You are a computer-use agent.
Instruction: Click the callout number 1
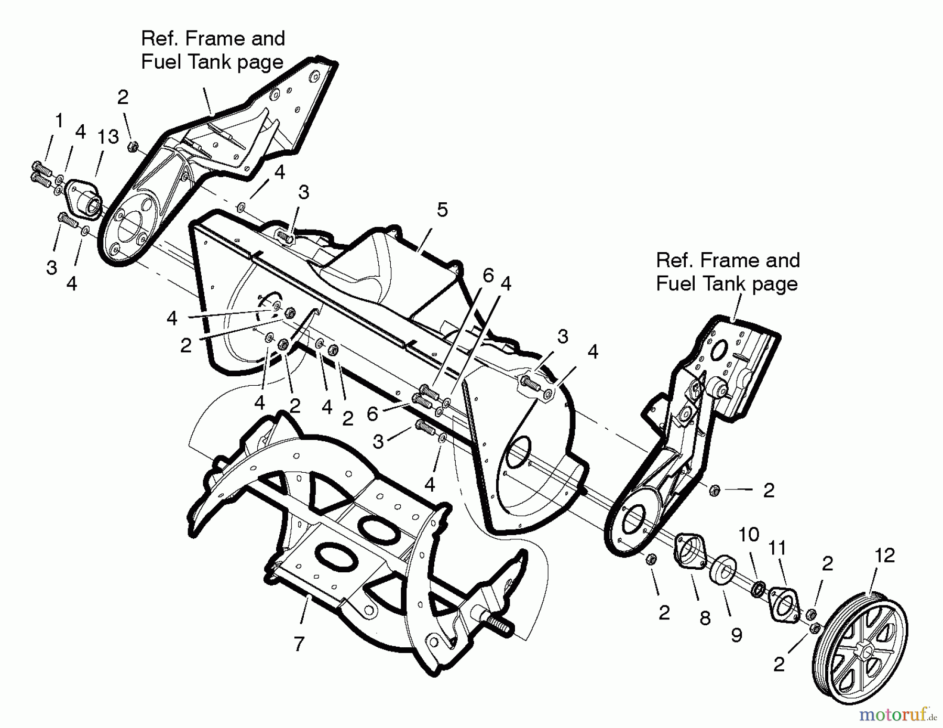click(x=59, y=121)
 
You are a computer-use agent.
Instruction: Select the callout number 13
click(x=108, y=137)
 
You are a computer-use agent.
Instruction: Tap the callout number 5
click(x=442, y=210)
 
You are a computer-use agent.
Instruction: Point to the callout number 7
click(x=299, y=644)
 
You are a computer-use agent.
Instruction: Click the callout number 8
click(x=705, y=618)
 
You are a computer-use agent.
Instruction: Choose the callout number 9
click(x=737, y=636)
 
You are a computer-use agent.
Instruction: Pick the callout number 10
click(x=749, y=535)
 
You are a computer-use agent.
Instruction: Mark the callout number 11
click(x=777, y=549)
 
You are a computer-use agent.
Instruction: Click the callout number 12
click(x=885, y=556)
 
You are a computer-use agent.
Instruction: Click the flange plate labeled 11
click(x=783, y=604)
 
